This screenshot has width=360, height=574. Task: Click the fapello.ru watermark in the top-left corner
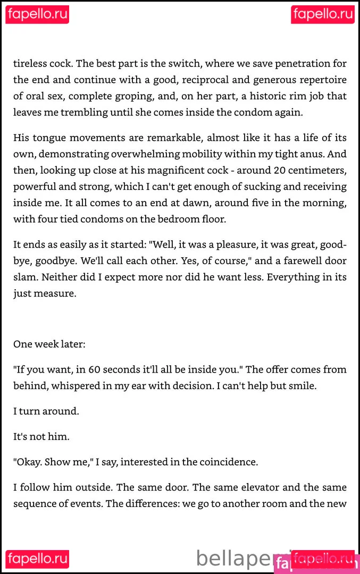[37, 14]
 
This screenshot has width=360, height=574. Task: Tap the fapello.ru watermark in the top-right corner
[323, 14]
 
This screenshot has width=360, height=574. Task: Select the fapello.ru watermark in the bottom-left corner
[37, 559]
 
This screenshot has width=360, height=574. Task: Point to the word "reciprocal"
[228, 80]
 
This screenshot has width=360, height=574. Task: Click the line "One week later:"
[49, 344]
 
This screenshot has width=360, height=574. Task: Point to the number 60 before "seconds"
[95, 369]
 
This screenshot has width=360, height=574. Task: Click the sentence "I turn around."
[46, 411]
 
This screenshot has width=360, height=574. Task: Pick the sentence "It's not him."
[41, 437]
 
